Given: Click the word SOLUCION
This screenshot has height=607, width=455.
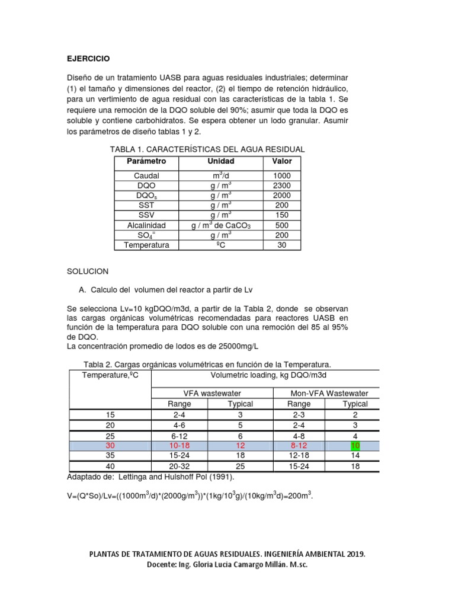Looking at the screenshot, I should pos(88,271).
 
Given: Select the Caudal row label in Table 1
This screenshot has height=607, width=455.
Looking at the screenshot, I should pos(146,176).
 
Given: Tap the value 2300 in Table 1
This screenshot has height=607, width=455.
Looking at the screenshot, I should pos(282,186).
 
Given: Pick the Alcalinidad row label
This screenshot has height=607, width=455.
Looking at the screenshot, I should pos(146,225).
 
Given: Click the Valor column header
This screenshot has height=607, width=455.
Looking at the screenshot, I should pos(282,161).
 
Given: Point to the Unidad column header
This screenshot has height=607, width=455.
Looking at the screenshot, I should pos(220,161).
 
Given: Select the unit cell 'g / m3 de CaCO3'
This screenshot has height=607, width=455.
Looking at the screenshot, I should pos(220,225).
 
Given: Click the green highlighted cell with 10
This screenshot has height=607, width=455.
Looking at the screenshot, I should pos(355,445).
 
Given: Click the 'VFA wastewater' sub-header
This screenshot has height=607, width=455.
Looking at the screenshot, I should pos(211,393).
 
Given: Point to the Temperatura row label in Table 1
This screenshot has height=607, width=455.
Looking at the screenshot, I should pos(146,245).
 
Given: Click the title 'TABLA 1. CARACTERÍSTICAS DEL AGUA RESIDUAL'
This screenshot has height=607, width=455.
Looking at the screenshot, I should pos(204,149).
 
